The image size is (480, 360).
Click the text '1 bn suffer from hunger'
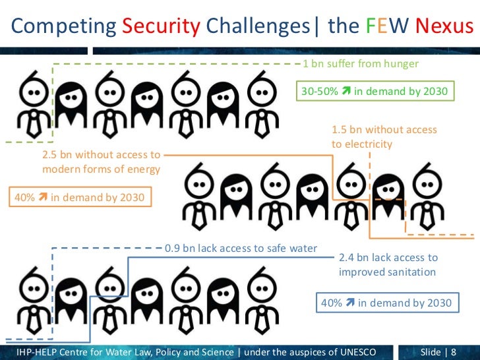point(360,64)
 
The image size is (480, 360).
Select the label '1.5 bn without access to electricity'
point(384,137)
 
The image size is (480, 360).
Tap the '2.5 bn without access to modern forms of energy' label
point(101,162)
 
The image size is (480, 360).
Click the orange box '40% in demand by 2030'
point(78,197)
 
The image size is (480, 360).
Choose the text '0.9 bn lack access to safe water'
point(241,249)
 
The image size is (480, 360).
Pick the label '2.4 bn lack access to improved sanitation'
point(388,264)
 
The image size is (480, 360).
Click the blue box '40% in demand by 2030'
point(386,303)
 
